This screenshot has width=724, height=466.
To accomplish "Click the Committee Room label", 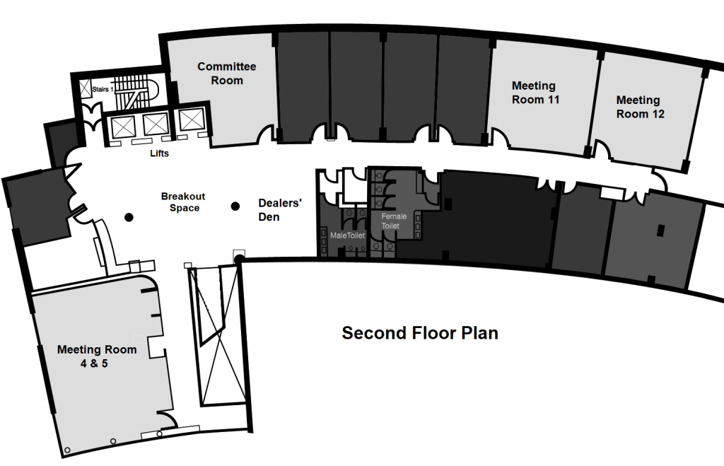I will coord(226,74).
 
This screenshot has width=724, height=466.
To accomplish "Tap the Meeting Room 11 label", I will coord(535,93).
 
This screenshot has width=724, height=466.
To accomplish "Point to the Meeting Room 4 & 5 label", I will coord(97,356).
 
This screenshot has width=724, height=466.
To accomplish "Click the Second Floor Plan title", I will coord(420,333).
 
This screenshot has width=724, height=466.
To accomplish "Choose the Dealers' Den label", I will coord(280,210).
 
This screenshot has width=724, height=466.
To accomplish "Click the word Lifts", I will coord(159,153).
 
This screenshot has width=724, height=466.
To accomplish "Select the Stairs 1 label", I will coord(103,90).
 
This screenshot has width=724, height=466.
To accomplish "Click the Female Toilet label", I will coord(394,220).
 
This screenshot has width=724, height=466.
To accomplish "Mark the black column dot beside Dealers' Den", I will coord(235,206).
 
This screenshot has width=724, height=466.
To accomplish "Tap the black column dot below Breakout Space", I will coord(129,217).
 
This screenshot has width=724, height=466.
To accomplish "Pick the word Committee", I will coord(226,66).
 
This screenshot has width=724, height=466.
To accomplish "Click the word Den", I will coord(269,216).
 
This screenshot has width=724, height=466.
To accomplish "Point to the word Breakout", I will coord(182,196).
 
